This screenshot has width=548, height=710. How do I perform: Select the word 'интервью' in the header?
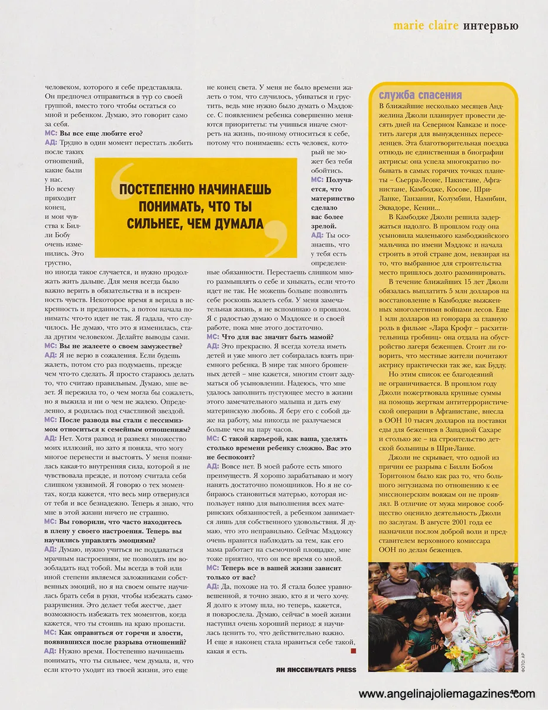pos(491,26)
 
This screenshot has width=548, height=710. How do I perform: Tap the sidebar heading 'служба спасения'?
pos(420,95)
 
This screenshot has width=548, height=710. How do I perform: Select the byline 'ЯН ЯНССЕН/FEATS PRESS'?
pos(316,670)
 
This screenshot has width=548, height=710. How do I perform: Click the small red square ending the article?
pos(354,651)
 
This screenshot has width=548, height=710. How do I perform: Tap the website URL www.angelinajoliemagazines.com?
pos(447,694)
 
